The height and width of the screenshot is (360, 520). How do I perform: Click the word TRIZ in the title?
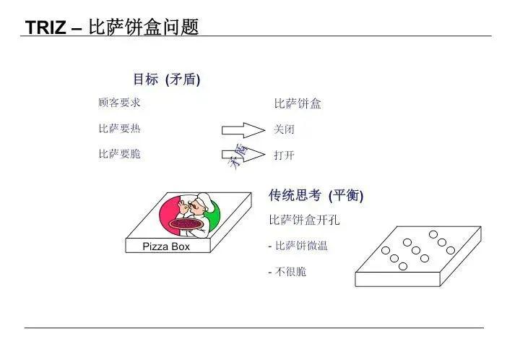click(45, 27)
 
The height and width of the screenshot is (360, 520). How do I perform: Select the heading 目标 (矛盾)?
click(167, 80)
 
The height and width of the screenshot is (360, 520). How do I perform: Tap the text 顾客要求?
click(119, 103)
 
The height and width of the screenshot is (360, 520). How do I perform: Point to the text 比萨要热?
click(119, 129)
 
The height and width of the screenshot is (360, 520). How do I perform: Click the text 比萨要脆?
click(119, 154)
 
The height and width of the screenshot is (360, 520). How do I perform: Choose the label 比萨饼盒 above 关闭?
click(298, 103)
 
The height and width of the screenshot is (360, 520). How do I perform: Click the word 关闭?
click(284, 129)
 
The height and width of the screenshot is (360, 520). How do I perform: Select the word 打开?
click(285, 155)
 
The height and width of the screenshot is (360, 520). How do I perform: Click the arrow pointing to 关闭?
click(243, 130)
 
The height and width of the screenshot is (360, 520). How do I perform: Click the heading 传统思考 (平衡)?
click(316, 195)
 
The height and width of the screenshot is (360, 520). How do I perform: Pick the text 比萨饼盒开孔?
click(305, 220)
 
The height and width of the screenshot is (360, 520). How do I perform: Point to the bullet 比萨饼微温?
click(298, 246)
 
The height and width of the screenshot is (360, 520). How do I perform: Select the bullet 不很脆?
click(287, 272)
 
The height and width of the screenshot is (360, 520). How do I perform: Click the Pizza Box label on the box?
click(166, 247)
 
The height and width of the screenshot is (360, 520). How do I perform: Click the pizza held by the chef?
click(186, 224)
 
